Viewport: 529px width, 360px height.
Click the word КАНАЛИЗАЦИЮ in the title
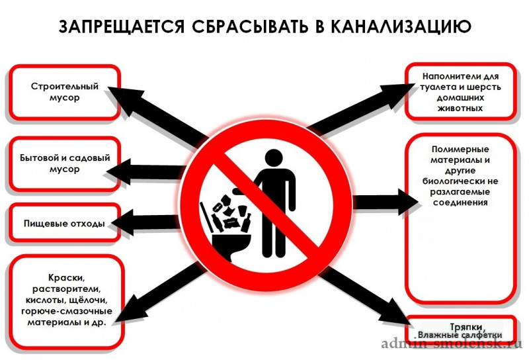401,26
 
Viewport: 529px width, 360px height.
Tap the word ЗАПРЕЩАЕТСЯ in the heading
122,26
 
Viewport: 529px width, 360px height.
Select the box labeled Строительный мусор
64,92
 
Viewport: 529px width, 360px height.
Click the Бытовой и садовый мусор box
64,164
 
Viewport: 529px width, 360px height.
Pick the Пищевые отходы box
64,223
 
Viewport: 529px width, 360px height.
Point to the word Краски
67,278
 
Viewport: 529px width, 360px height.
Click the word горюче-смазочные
67,311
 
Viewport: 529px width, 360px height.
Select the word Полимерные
460,149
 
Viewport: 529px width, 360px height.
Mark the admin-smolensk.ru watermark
452,344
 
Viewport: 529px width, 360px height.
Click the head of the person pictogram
274,158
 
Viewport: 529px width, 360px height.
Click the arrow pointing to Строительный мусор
157,115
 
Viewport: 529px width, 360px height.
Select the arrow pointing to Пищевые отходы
145,222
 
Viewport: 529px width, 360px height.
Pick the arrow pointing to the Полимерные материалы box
386,202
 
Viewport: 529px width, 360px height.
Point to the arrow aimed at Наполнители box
362,108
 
